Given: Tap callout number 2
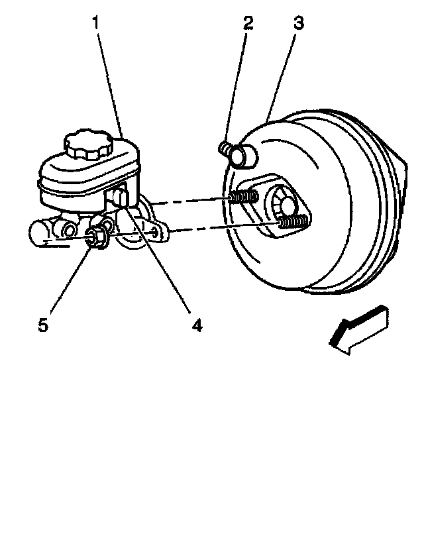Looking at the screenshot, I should point(248,25).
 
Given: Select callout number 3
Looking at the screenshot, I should point(298,25).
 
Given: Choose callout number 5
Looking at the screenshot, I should point(43,327).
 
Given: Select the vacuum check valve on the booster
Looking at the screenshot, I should point(237,153).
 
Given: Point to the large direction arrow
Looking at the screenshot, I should point(358,329).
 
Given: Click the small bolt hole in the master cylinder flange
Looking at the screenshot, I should point(154,231).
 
